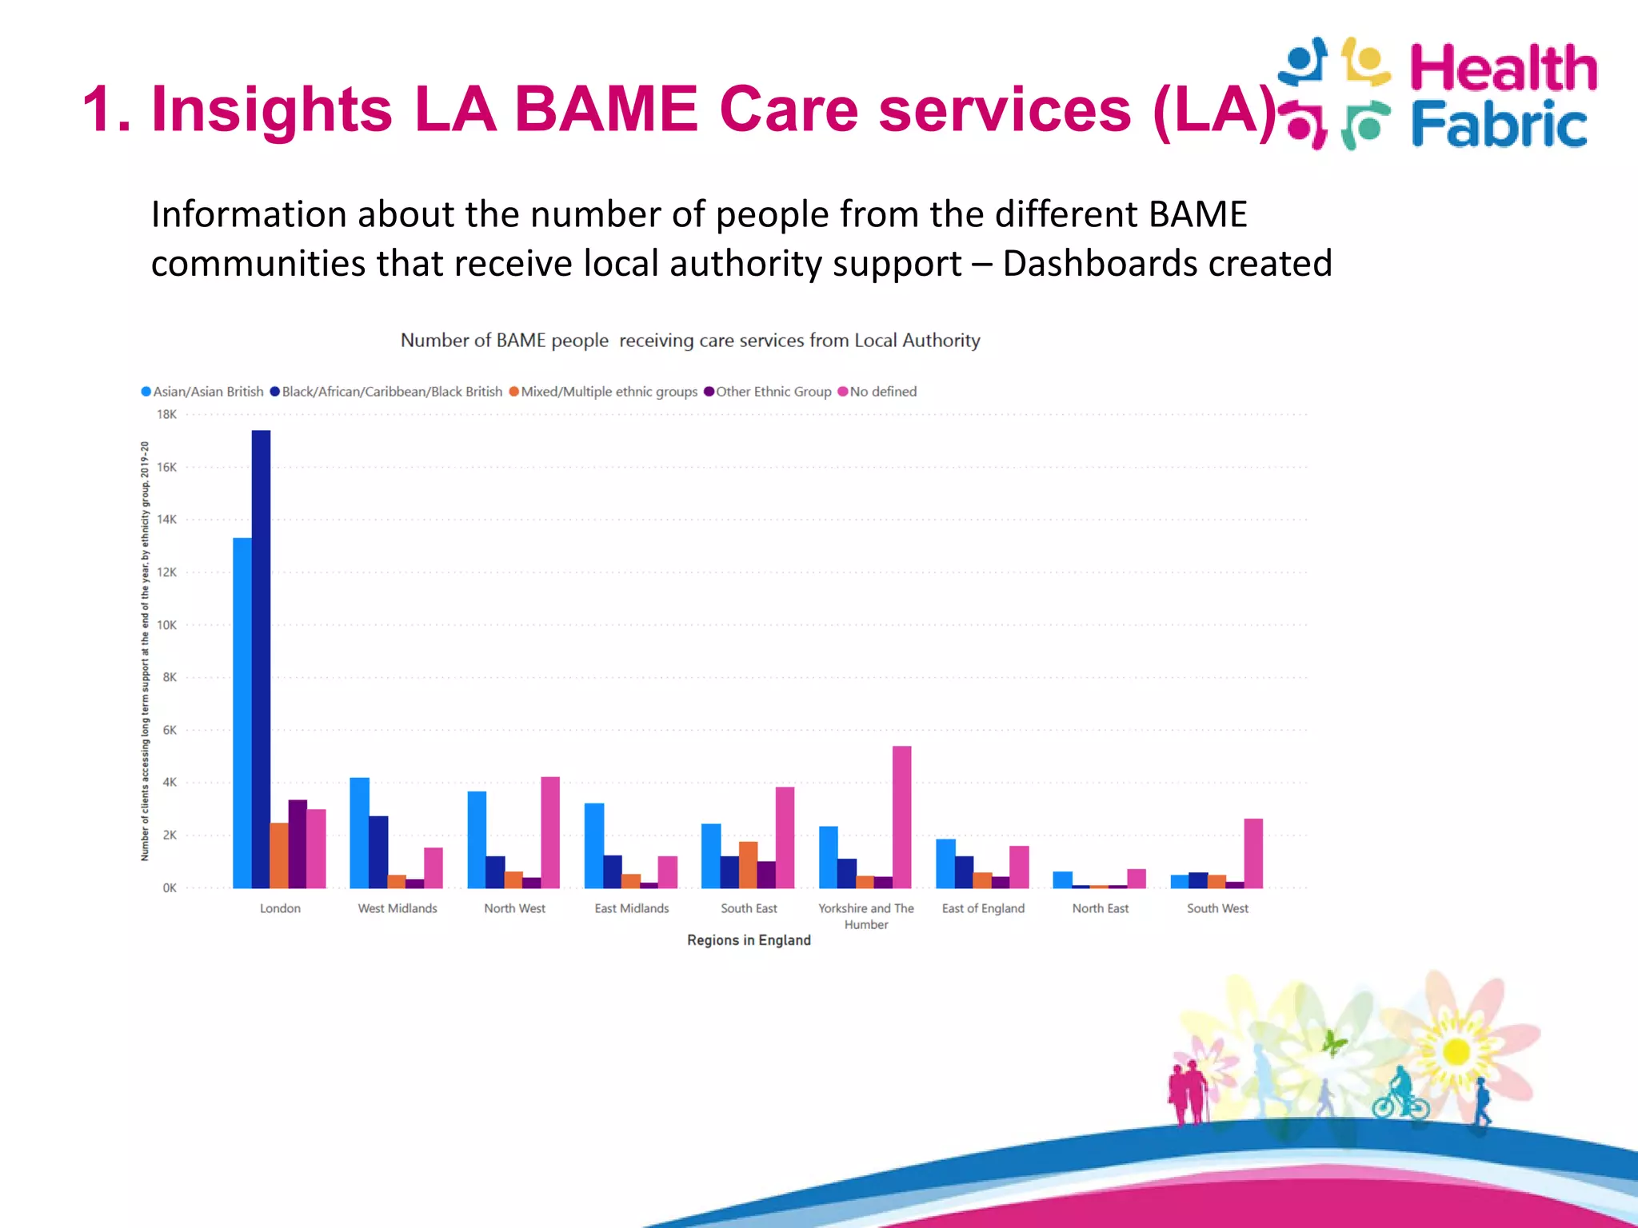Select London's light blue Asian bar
(242, 712)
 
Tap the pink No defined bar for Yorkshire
(901, 816)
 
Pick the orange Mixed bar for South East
(748, 864)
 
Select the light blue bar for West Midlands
(360, 832)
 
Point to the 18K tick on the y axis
(166, 414)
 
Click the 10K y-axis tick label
(166, 625)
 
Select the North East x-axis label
(1100, 908)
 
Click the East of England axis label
(983, 908)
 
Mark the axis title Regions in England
(749, 940)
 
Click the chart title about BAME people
(689, 341)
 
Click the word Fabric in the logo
(1499, 124)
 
